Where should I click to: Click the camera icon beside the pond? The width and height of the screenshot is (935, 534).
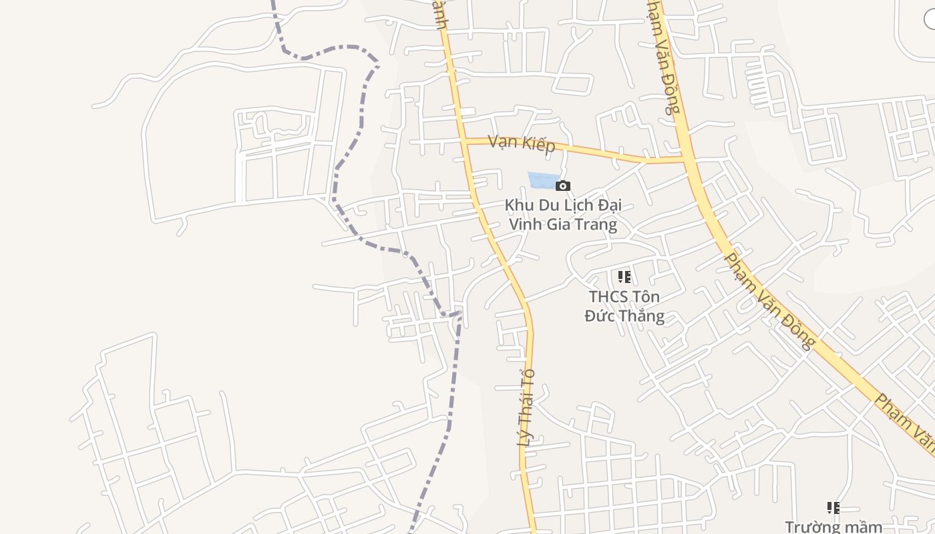pyautogui.click(x=563, y=186)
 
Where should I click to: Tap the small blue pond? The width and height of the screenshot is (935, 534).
pyautogui.click(x=543, y=180)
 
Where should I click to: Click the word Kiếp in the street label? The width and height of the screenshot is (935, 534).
pyautogui.click(x=539, y=145)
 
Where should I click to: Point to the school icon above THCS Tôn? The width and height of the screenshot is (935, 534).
pyautogui.click(x=624, y=276)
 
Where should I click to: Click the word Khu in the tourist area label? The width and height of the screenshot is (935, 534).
pyautogui.click(x=518, y=205)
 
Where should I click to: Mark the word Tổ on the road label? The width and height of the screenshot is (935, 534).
pyautogui.click(x=530, y=376)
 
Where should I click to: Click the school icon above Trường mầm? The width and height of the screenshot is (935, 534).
pyautogui.click(x=833, y=508)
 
